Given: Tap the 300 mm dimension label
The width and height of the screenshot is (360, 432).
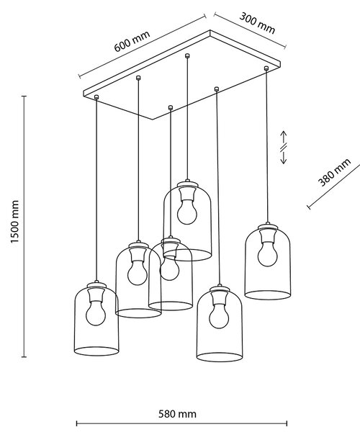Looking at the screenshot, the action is (257, 23).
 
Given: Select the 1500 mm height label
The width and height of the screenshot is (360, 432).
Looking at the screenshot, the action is (14, 222).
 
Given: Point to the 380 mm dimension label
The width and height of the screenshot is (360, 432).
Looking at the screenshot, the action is (335, 173).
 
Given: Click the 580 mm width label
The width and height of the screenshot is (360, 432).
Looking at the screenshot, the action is (177, 414).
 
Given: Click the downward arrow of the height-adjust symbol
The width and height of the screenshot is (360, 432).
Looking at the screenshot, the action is (284, 158).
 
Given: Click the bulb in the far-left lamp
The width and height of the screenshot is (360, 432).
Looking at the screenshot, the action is (96, 312).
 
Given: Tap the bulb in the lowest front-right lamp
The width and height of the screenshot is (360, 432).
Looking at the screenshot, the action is (219, 316).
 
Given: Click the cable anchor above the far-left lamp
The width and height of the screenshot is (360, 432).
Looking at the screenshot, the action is (96, 96).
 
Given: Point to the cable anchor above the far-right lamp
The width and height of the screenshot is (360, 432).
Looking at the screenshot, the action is (266, 68).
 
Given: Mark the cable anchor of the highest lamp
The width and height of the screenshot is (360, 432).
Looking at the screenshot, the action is (187, 55).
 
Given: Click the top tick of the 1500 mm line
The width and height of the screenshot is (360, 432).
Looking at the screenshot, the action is (24, 96).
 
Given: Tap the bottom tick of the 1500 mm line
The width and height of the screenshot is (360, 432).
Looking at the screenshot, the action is (24, 357).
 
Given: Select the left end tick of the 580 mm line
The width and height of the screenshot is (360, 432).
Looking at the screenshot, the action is (76, 423).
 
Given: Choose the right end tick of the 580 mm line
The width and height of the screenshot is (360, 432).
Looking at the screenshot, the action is (287, 423).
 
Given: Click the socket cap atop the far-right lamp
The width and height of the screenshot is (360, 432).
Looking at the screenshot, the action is (267, 227).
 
